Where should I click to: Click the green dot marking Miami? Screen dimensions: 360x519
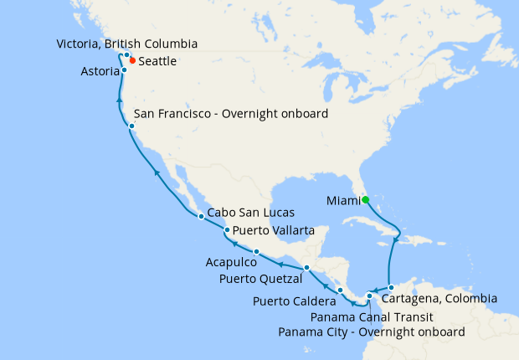[364, 199]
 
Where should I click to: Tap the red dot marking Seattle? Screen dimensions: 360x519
[132, 62]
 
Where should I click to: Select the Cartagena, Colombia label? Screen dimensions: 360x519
[439, 298]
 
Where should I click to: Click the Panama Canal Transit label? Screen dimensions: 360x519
[371, 316]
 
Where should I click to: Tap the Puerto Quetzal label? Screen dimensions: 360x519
[260, 278]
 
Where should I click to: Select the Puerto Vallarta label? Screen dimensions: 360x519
[274, 230]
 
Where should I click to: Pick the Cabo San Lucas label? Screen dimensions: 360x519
[249, 212]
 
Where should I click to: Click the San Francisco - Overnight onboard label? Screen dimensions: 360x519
[231, 114]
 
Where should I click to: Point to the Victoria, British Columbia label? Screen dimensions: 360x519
[127, 43]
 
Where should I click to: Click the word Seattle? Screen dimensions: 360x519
[157, 62]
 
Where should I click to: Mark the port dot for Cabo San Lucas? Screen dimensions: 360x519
[201, 217]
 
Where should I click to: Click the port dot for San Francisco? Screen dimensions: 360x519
[132, 126]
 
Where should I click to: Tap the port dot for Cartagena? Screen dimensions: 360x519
[391, 288]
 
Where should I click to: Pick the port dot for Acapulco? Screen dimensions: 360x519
[255, 252]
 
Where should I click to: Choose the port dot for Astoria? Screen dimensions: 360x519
[124, 70]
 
